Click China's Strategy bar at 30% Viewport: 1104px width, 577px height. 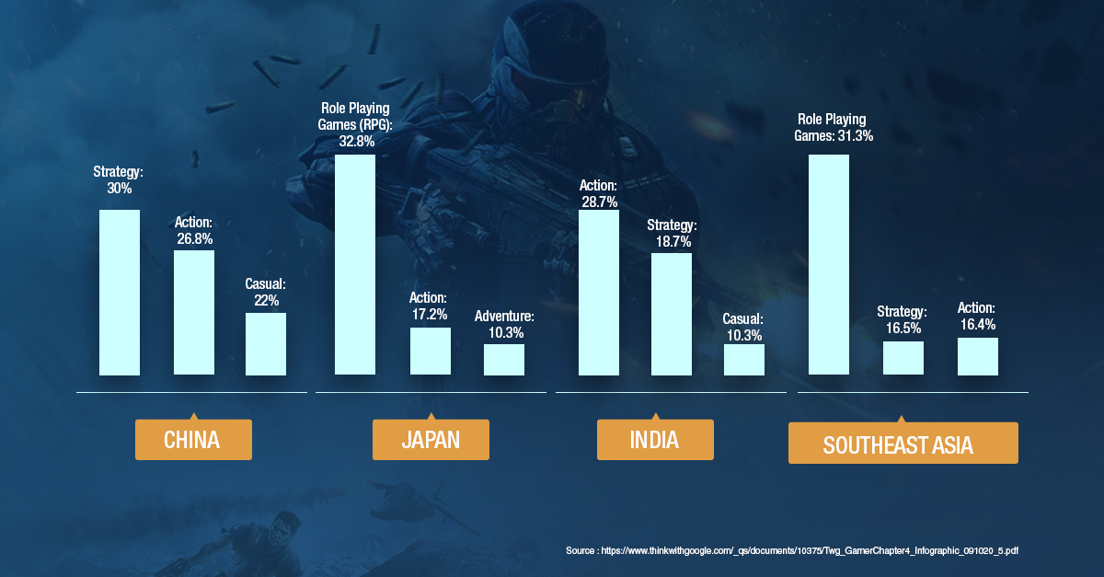tap(120, 293)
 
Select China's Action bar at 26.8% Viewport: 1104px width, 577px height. tap(193, 313)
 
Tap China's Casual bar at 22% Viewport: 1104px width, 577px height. tap(266, 344)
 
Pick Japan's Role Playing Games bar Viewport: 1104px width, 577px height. tap(354, 265)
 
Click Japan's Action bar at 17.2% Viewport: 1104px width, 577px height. tap(430, 352)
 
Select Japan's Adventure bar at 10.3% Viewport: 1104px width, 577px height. tap(504, 360)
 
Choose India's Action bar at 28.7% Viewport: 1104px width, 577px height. tap(598, 293)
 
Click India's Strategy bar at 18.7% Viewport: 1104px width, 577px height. tap(671, 315)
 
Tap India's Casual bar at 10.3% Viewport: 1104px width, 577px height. tap(743, 360)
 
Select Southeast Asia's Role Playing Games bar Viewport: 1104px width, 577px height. tap(828, 265)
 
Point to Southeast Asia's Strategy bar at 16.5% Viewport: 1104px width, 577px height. tap(903, 358)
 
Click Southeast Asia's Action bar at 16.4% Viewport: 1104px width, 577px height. tap(977, 356)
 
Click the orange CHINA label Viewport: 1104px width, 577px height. tap(192, 440)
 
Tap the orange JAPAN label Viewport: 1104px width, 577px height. tap(430, 440)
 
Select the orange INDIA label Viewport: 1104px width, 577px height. tap(654, 440)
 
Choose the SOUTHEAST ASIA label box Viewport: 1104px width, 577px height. tap(903, 444)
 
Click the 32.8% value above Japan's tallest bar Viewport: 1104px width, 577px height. tap(356, 142)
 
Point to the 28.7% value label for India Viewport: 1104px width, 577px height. tap(598, 201)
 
